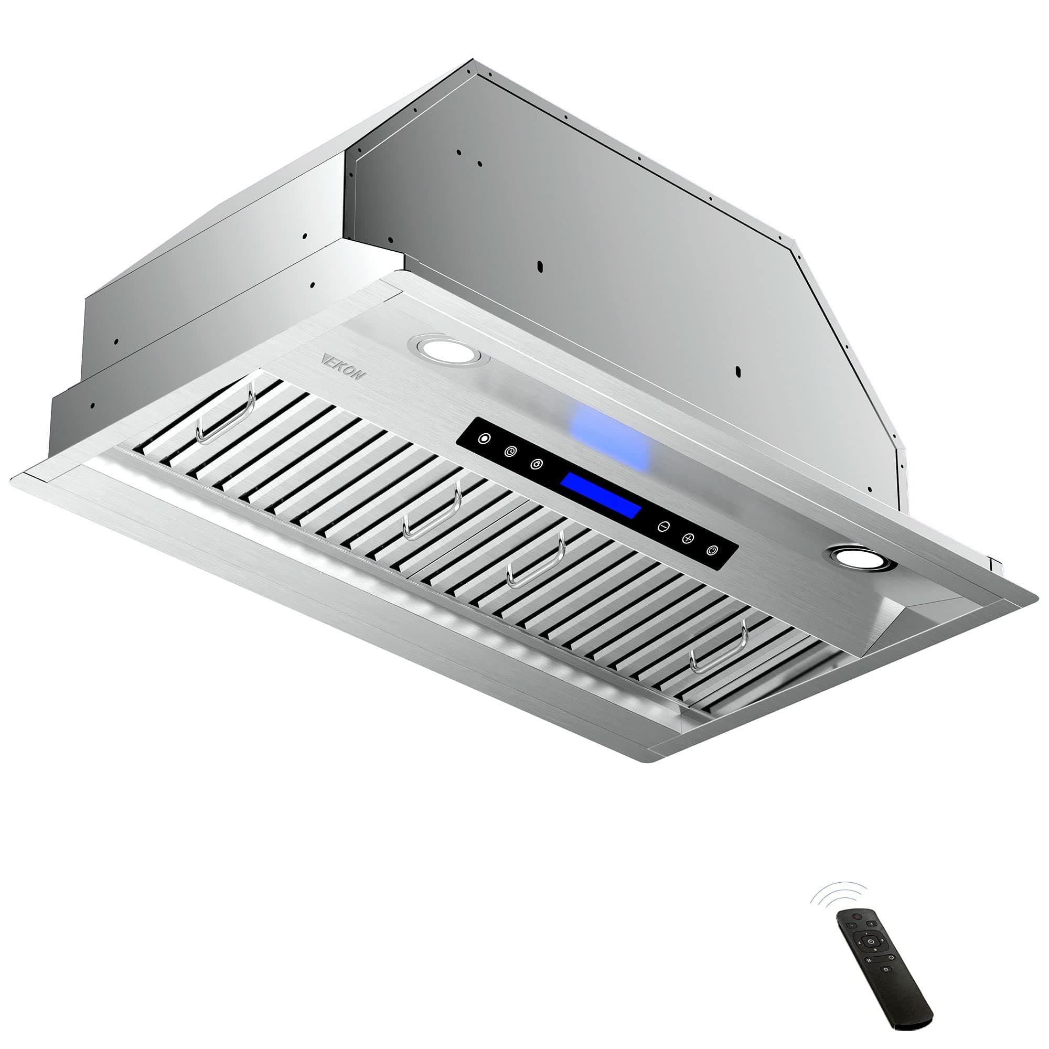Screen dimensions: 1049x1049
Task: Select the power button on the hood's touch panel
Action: pos(713,551)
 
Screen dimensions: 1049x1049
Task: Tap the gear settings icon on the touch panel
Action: pos(537,464)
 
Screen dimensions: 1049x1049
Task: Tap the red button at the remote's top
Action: pos(858,917)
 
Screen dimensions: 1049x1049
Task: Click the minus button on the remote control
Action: pos(851,926)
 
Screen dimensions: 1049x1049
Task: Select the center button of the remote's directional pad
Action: pos(871,942)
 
